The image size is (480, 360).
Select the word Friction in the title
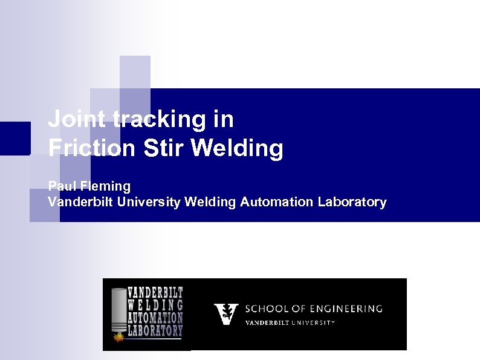point(91,148)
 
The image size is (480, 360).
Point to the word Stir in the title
point(164,148)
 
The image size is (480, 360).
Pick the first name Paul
point(60,185)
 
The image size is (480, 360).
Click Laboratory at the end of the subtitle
point(352,202)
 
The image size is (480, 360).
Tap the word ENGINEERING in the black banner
point(343,309)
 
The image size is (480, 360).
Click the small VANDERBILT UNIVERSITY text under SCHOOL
point(289,322)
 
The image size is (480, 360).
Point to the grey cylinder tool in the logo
point(119,309)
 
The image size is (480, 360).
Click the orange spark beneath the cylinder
point(120,333)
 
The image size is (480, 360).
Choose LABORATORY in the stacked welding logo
point(155,331)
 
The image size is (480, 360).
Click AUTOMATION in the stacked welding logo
point(155,318)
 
